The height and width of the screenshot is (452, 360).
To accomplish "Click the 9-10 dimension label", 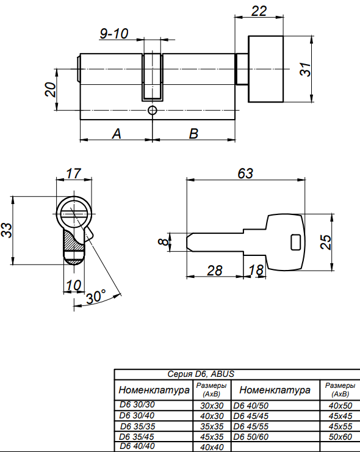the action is [x=113, y=34].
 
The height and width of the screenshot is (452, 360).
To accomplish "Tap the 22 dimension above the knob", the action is [x=259, y=11].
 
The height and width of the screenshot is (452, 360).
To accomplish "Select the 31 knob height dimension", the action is [x=305, y=69].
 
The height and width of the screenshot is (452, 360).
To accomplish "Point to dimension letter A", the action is [x=117, y=134].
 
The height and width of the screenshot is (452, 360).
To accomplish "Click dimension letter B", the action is [x=193, y=134].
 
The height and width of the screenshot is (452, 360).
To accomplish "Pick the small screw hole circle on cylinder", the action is [x=152, y=110].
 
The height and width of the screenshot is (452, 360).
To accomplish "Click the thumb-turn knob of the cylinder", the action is [x=266, y=69].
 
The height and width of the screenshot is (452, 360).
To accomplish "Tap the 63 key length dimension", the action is [x=245, y=173].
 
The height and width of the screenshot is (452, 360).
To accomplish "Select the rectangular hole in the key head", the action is [x=296, y=242].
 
